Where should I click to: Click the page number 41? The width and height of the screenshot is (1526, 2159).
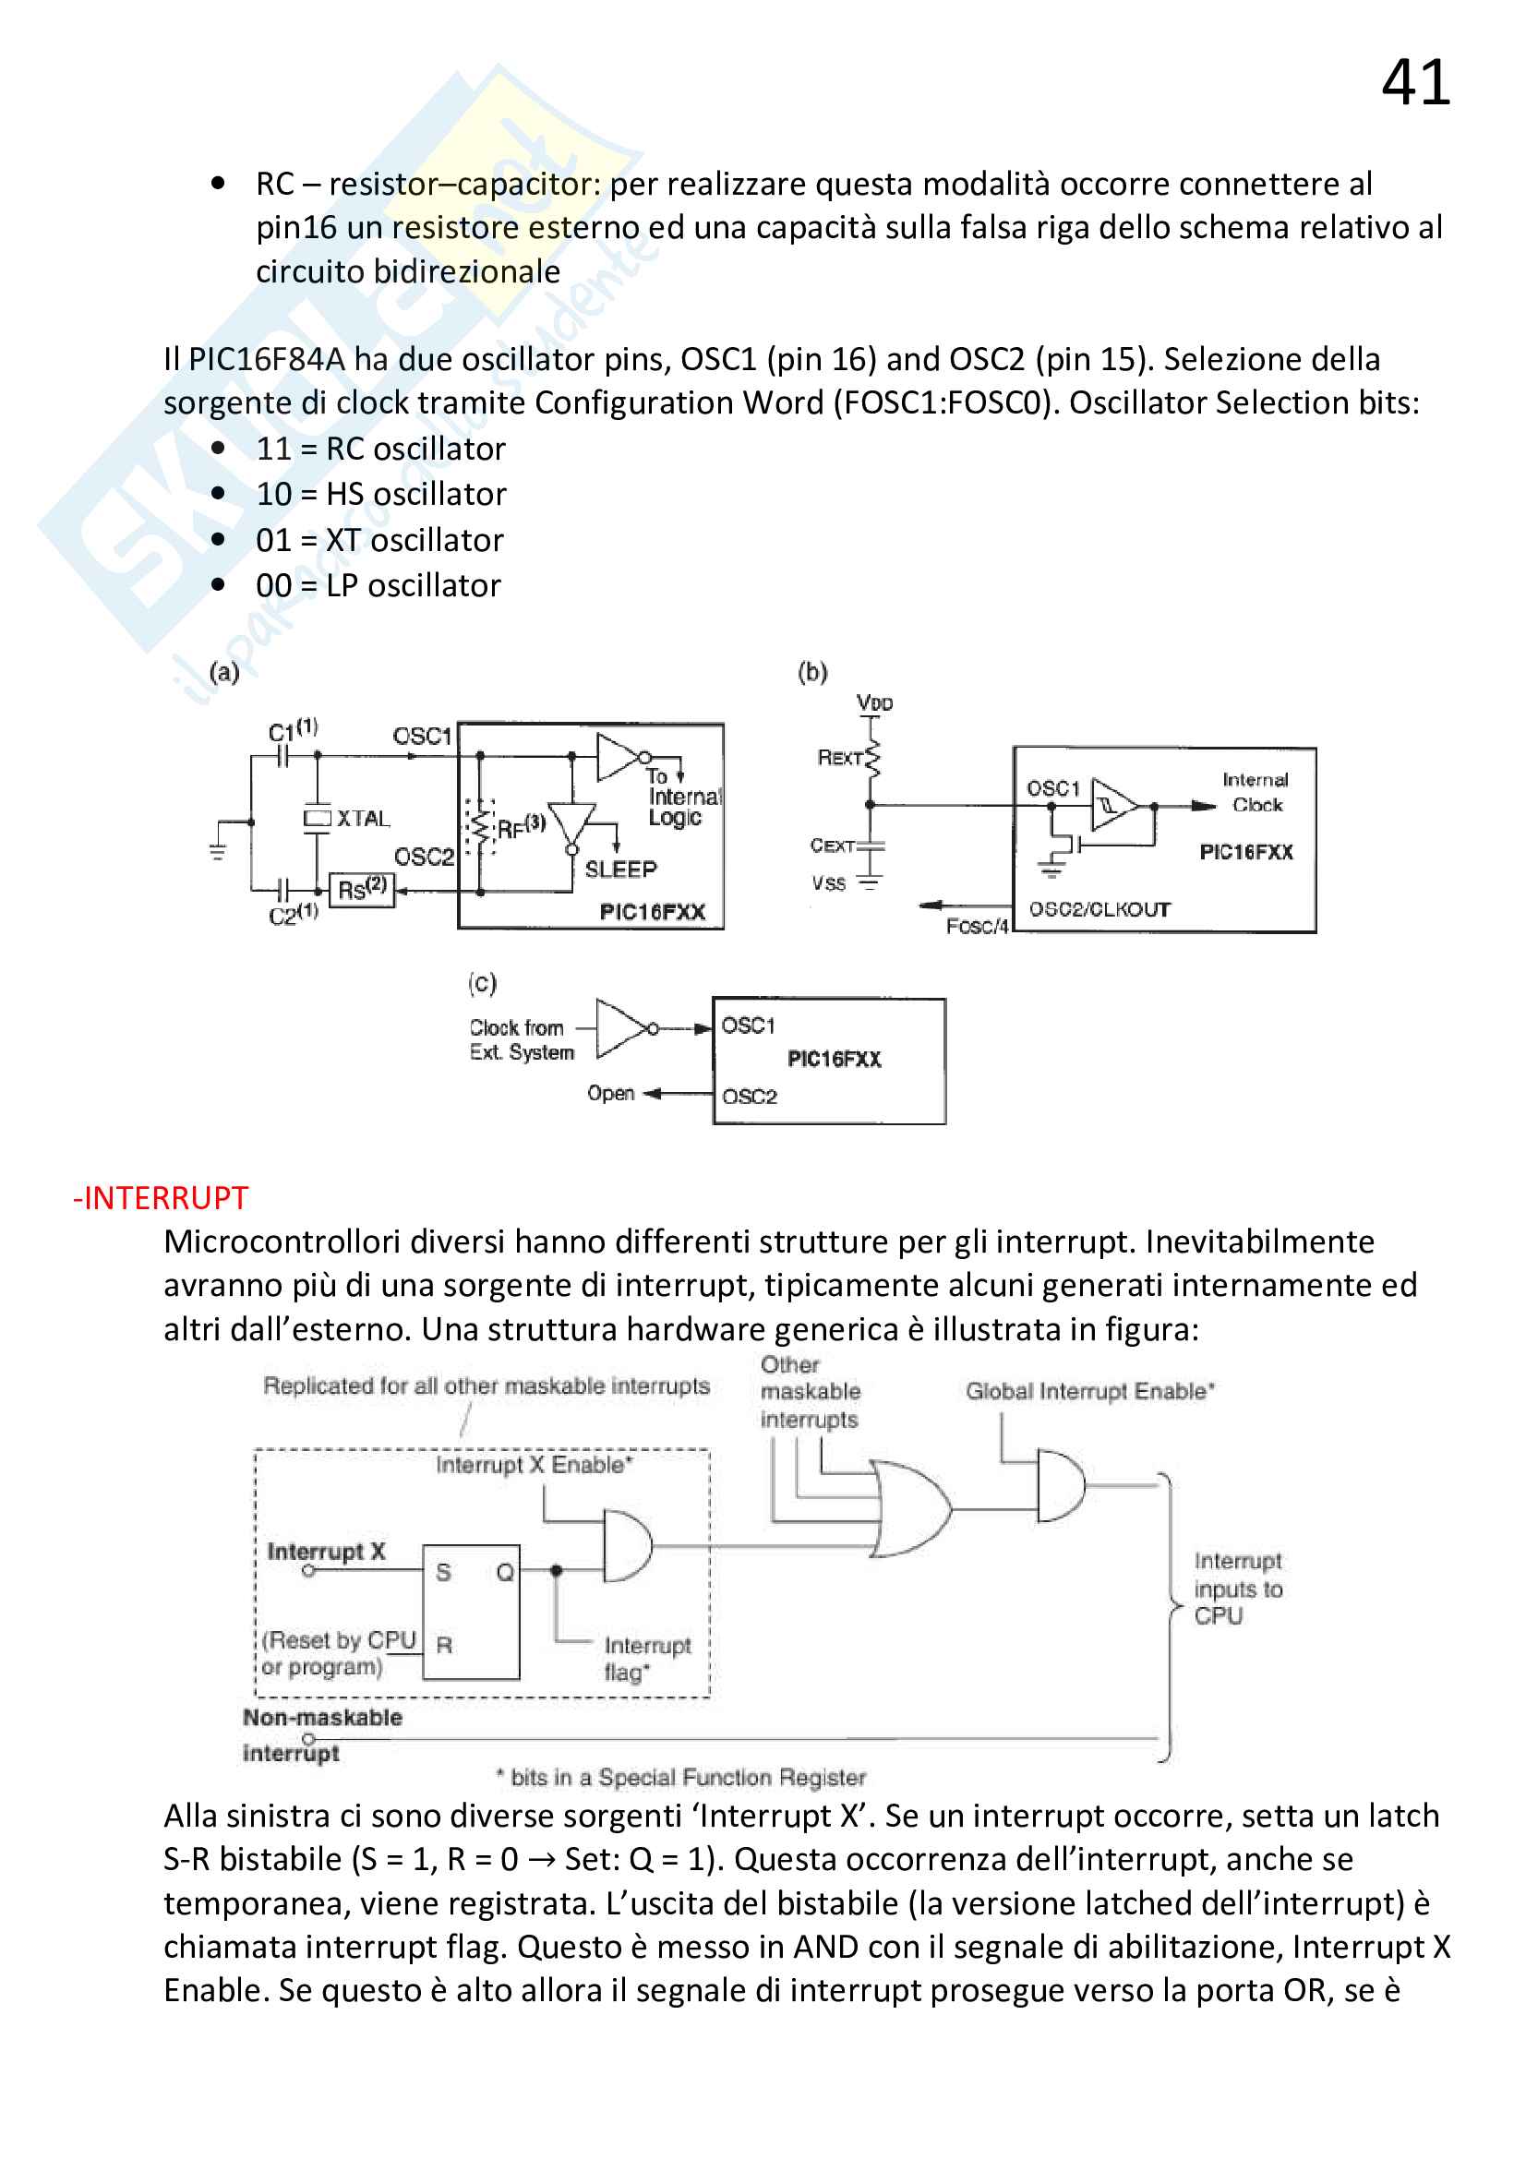(1415, 83)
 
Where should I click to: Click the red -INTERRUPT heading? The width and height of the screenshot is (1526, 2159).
(161, 1198)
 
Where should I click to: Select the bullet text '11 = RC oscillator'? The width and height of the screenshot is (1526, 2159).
(379, 449)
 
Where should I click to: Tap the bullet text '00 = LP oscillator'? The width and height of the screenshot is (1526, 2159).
(378, 585)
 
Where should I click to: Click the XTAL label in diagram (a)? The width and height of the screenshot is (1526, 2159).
(363, 818)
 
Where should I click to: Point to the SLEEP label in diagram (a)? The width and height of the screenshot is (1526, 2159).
(620, 869)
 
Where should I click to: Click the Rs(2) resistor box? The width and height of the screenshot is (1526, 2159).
(362, 888)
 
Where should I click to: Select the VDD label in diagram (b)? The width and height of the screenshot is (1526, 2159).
(874, 702)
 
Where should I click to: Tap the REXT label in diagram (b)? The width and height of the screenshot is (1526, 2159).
(840, 757)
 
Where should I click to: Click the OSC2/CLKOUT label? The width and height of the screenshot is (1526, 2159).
(1099, 909)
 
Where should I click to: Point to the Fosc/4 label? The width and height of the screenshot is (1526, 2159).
(977, 926)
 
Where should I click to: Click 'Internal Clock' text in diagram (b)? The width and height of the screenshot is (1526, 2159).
(1256, 792)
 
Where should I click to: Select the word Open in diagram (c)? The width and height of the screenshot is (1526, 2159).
(610, 1093)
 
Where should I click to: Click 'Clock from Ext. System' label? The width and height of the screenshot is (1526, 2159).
(522, 1040)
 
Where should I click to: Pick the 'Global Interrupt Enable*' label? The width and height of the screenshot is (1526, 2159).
(1089, 1391)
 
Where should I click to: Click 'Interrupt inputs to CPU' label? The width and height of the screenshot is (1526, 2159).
(1237, 1589)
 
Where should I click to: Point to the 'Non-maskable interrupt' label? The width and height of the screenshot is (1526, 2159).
(321, 1734)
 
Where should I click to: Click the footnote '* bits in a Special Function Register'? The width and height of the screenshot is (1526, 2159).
(680, 1777)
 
